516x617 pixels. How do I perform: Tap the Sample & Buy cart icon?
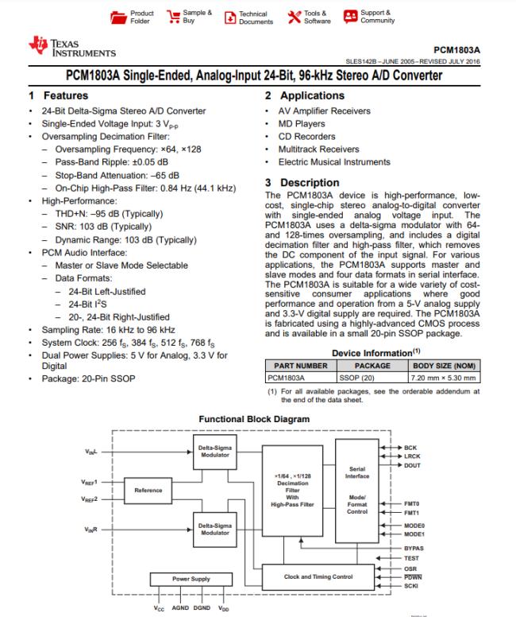coord(170,17)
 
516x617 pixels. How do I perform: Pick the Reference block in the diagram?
coord(148,491)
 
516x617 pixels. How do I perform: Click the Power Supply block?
coord(191,578)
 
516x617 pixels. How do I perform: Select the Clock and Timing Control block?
coord(320,576)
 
